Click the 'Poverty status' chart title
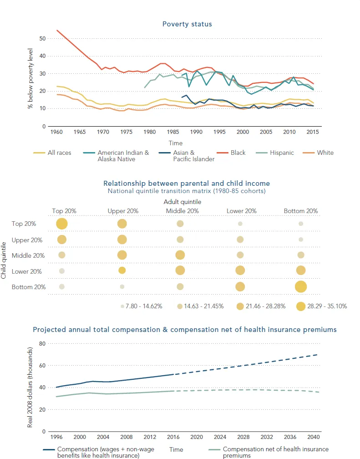(x=187, y=24)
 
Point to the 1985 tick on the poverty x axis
(x=172, y=132)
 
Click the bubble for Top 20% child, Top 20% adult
(x=62, y=224)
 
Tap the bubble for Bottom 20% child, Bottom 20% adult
(x=300, y=286)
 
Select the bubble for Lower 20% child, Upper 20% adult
(x=122, y=270)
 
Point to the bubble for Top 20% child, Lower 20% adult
(x=240, y=224)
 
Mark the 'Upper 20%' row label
(x=27, y=240)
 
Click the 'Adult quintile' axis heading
(x=182, y=201)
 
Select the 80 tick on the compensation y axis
(x=43, y=344)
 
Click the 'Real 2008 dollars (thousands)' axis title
(x=30, y=387)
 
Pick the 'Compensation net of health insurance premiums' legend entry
(x=275, y=452)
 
